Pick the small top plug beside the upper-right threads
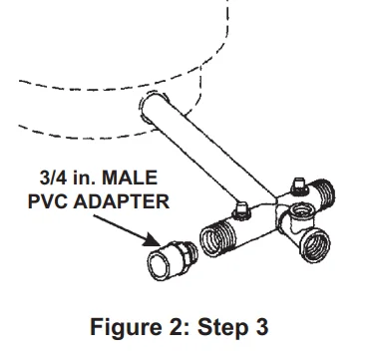pyautogui.click(x=296, y=181)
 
